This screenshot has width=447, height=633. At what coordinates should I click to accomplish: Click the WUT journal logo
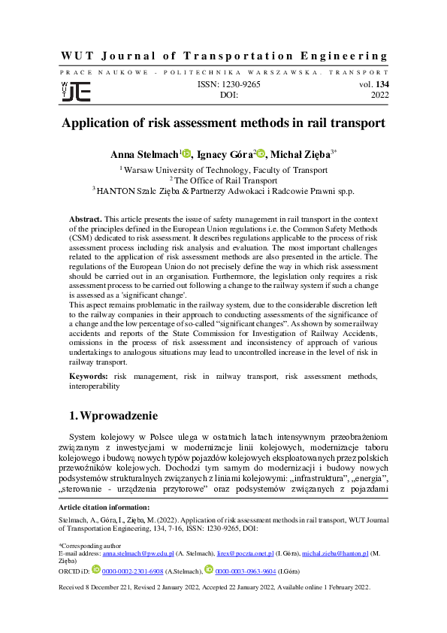[x=75, y=91]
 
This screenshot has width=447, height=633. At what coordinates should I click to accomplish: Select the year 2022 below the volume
[x=379, y=96]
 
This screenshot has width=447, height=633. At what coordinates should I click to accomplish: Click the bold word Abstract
[x=85, y=217]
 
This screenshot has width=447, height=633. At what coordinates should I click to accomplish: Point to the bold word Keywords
[x=88, y=375]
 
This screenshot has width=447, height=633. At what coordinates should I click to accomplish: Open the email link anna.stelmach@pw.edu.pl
[x=138, y=553]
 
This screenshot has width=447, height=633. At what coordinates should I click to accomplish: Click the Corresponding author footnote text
[x=86, y=544]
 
